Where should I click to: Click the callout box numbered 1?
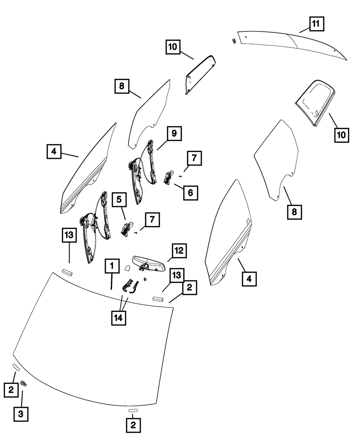(x=112, y=266)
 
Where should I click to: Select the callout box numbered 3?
(x=21, y=414)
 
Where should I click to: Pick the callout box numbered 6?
(x=190, y=192)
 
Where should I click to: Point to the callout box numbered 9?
(x=174, y=134)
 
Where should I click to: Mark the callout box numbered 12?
(x=179, y=251)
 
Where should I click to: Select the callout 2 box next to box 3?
(x=11, y=389)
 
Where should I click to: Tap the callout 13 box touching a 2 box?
(x=176, y=276)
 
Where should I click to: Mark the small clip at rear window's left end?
(x=233, y=41)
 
